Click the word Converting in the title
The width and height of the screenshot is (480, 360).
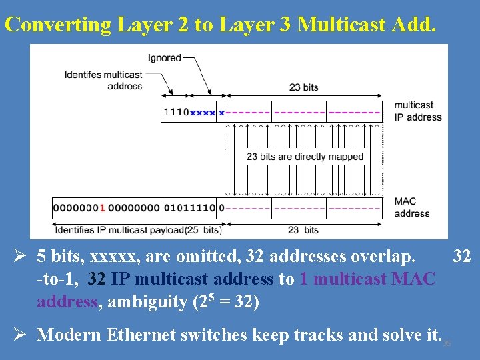point(57,25)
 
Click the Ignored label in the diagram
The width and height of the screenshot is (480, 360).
point(165,57)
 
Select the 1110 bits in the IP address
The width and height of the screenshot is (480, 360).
point(176,112)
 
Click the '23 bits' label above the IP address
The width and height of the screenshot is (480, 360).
point(303,87)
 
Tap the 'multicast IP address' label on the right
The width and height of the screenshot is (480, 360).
point(418,111)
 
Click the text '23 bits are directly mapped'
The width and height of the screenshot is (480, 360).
point(305,157)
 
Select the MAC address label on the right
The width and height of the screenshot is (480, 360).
point(411,207)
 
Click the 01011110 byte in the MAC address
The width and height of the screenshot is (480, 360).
point(189,208)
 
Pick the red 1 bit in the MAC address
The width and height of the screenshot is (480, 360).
point(102,208)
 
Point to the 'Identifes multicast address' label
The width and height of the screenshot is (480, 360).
point(103,80)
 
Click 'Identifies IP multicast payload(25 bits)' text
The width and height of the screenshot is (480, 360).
point(138,230)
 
